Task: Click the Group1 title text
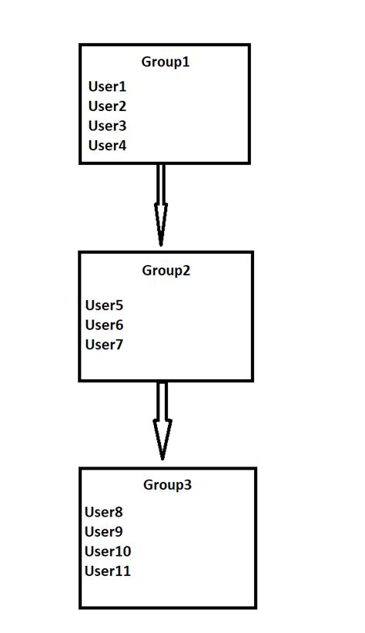165,62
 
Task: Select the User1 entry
107,86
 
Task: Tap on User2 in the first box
107,106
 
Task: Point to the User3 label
107,126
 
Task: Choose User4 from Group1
107,145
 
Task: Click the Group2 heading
166,271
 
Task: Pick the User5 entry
104,305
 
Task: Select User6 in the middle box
104,325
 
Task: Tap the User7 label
104,345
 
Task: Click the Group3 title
167,485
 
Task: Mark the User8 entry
104,512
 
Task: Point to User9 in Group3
104,531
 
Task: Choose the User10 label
108,551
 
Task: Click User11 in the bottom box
108,571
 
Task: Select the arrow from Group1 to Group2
161,202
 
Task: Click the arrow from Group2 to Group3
162,420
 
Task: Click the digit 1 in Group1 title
186,62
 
